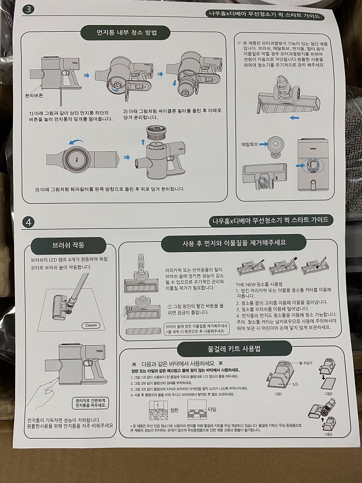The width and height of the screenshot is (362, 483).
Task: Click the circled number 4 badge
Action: pos(29,221)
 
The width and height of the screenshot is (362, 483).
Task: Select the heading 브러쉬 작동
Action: pos(68,246)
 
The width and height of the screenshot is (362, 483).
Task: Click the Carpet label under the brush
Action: pos(91,325)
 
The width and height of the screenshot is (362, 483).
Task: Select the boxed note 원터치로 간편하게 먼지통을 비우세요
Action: pos(90,401)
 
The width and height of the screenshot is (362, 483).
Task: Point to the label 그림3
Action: pos(328,433)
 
